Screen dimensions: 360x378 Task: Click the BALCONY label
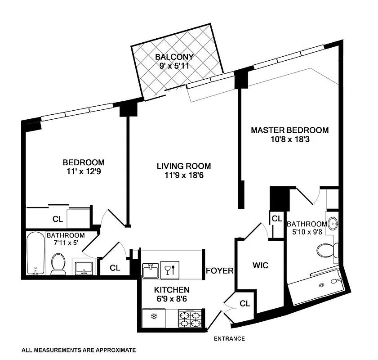[x=174, y=57]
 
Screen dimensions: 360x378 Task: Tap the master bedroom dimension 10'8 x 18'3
[x=289, y=139]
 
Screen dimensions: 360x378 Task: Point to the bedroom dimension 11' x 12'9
[x=84, y=171]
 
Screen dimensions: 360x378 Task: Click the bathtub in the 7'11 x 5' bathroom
[x=35, y=254]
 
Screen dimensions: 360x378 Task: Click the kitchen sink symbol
[x=151, y=270]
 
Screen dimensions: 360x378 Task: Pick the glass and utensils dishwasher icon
[x=170, y=270]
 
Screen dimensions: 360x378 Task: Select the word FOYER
[x=220, y=271]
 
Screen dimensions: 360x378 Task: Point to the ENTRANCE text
[x=229, y=339]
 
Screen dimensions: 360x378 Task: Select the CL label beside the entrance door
[x=245, y=303]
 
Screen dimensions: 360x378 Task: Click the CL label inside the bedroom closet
[x=57, y=219]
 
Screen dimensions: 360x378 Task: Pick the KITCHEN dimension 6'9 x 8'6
[x=172, y=298]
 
